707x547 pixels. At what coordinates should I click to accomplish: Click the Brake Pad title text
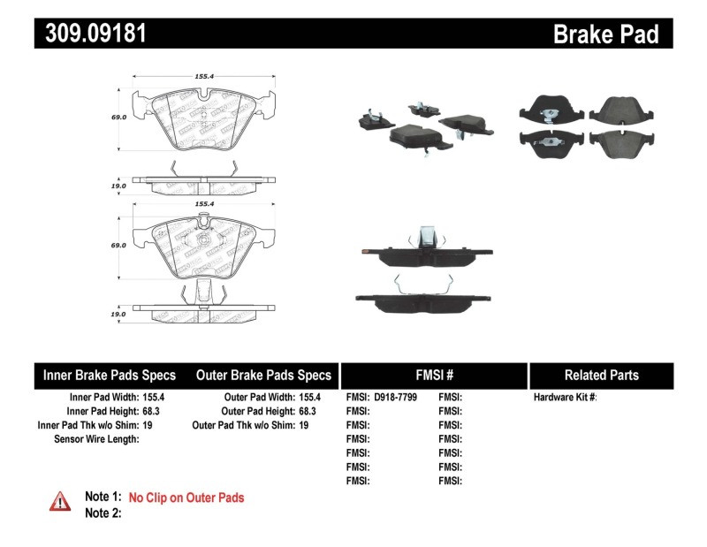(x=605, y=34)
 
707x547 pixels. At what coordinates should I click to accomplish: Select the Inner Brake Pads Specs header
(x=110, y=375)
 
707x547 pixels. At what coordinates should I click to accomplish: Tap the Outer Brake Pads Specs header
(x=263, y=375)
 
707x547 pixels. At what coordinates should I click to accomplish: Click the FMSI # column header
(x=434, y=375)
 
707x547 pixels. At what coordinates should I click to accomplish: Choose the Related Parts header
(x=602, y=375)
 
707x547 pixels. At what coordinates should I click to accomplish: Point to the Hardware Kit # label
(x=565, y=398)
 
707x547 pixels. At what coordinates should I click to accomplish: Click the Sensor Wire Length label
(x=95, y=439)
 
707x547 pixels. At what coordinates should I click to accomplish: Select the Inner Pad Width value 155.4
(x=155, y=398)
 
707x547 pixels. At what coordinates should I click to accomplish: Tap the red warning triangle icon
(x=60, y=501)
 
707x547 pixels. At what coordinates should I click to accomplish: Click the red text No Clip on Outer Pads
(x=186, y=498)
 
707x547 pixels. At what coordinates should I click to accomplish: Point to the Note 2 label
(x=103, y=513)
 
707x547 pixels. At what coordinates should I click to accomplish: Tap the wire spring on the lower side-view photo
(x=422, y=281)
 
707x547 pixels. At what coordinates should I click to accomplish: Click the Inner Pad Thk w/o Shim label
(x=88, y=425)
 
